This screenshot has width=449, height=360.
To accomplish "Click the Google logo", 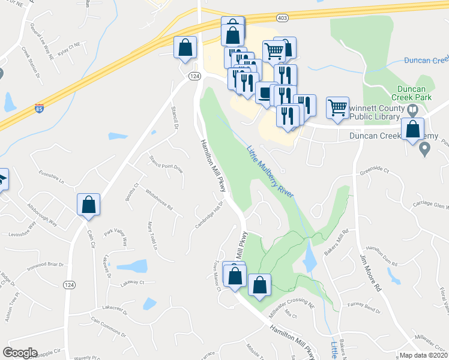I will point(20,353).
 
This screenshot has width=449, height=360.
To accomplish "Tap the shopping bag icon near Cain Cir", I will point(89,205).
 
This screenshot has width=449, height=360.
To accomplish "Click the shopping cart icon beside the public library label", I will point(337,108).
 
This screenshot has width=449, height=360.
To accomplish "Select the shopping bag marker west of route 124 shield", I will point(185,47).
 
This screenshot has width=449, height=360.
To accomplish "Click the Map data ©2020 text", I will point(423,355).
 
